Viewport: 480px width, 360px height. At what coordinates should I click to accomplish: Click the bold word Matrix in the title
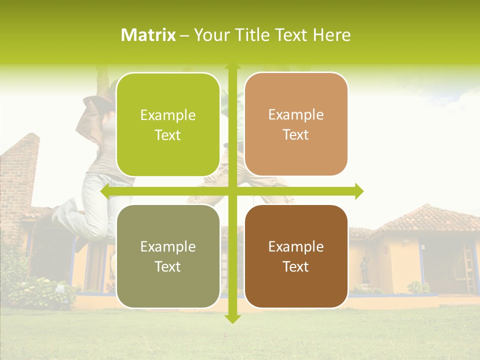pos(148,35)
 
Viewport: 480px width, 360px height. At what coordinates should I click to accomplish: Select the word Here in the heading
pos(332,35)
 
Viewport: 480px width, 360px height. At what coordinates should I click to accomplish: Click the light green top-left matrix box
pos(168,124)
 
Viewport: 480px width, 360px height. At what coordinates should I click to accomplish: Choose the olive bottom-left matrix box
pos(168,256)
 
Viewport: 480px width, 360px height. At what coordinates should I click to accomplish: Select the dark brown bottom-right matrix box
pos(296,256)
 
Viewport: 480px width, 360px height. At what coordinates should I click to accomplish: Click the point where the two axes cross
pos(232,191)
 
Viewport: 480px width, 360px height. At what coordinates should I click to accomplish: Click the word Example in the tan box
pos(296,114)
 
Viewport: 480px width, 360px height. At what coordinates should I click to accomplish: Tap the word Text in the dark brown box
pos(296,266)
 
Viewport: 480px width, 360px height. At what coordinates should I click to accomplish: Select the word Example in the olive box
pos(168,246)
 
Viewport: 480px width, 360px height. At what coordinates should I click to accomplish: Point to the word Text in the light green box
pos(168,135)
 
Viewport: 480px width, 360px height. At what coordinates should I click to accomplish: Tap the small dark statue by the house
pos(365,270)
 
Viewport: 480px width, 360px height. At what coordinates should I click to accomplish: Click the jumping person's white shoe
pos(62,212)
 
